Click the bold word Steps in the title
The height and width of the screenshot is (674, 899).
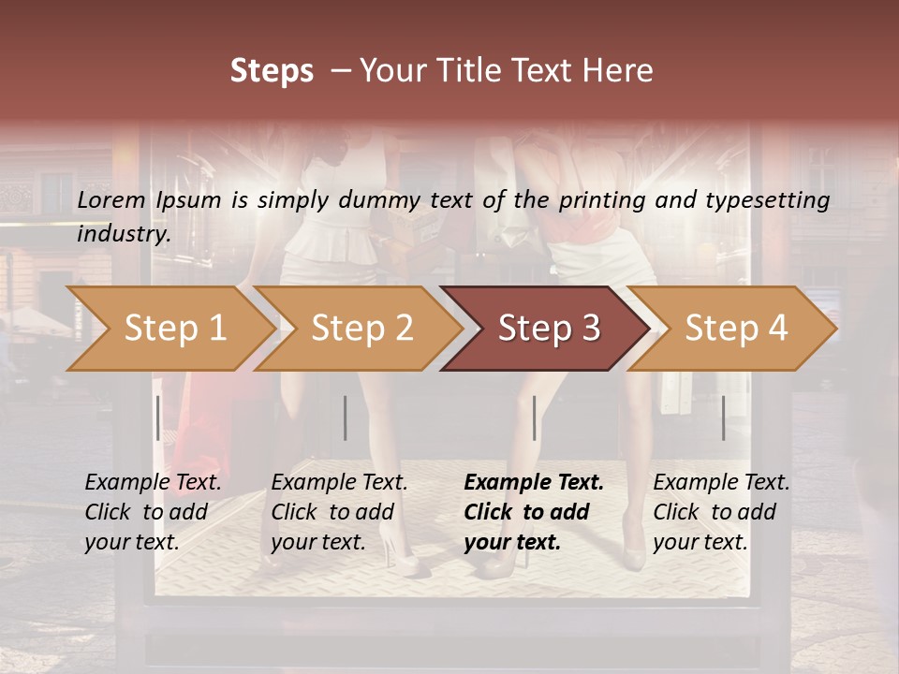(x=272, y=71)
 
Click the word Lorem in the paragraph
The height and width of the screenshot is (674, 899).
(x=111, y=200)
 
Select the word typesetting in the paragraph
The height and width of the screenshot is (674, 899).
(x=772, y=200)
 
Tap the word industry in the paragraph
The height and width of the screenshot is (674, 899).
(x=123, y=234)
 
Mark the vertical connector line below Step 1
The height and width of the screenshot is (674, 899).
(x=158, y=418)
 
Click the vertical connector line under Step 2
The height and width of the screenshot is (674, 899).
(x=346, y=418)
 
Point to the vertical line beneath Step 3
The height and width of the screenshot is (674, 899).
(x=535, y=418)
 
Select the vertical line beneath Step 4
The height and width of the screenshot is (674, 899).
(x=724, y=418)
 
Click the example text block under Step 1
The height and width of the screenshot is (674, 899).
(x=153, y=512)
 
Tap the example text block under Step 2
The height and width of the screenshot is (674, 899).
(x=339, y=512)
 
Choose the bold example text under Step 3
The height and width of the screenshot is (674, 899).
(x=533, y=512)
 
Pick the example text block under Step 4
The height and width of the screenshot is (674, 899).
(x=721, y=512)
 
